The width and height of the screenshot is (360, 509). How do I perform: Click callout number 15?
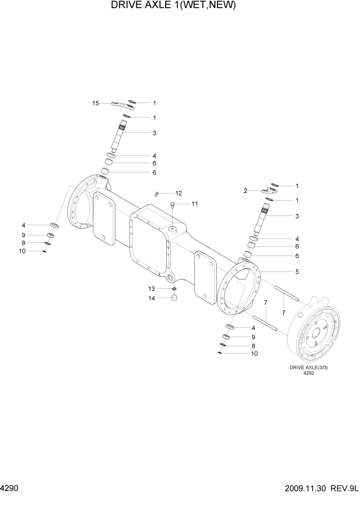(x=95, y=103)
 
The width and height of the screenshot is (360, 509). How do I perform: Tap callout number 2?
(x=246, y=190)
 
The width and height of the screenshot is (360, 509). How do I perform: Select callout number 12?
(x=178, y=193)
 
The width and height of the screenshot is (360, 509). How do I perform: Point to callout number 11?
(x=194, y=204)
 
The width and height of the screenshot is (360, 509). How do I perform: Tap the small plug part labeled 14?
(x=174, y=298)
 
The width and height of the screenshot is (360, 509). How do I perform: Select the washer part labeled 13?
(x=174, y=289)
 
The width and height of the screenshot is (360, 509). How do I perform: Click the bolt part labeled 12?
(x=157, y=193)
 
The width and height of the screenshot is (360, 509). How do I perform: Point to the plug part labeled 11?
(x=173, y=205)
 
